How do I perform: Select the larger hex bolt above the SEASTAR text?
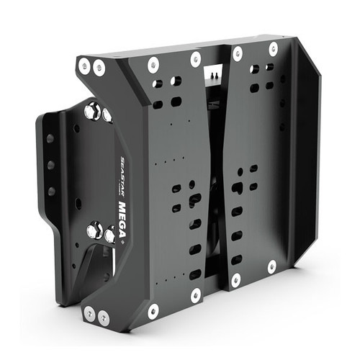94,112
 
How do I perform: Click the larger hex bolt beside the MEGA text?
94,231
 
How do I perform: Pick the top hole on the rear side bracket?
50,138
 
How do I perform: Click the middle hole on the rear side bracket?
50,165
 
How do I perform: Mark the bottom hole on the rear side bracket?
51,192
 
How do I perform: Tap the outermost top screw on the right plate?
273,49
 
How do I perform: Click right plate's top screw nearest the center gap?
238,53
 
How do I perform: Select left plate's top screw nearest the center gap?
195,58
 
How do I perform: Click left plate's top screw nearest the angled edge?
153,65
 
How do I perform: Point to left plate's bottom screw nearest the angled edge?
153,311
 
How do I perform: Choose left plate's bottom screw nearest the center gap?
195,294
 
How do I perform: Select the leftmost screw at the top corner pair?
85,66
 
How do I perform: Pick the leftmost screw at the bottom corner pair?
89,314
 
